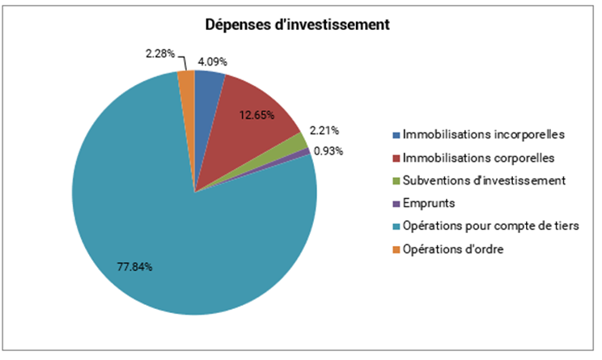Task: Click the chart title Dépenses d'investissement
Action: [x=296, y=25]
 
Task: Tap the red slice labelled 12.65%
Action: [x=251, y=121]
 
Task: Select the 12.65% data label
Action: [x=256, y=116]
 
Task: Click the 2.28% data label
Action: [x=161, y=53]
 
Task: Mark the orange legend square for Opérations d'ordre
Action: [x=396, y=249]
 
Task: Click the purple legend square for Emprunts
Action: [x=396, y=203]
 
